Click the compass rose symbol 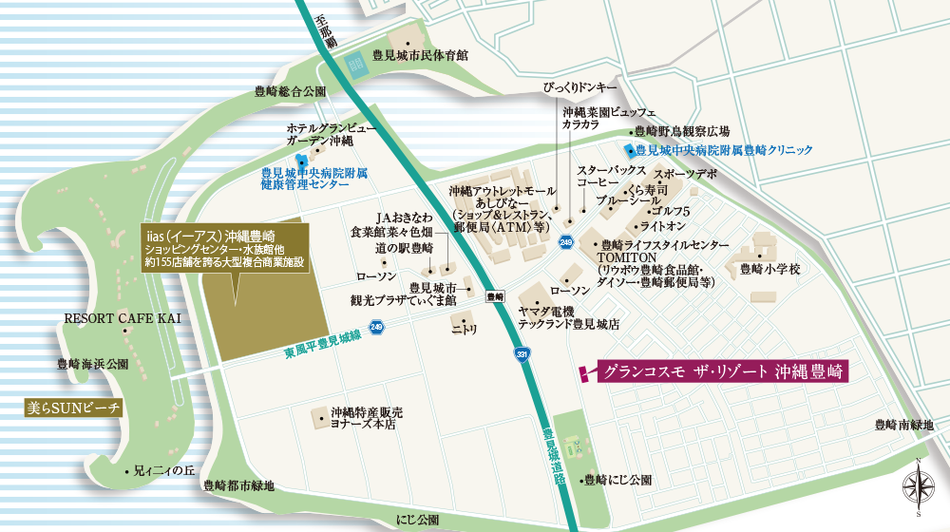(918, 486)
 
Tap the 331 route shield (522, 353)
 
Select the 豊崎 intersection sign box (493, 295)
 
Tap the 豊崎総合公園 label (290, 92)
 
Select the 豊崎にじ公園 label (618, 480)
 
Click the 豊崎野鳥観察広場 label (681, 131)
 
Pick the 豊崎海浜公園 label (92, 364)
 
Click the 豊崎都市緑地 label (238, 485)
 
